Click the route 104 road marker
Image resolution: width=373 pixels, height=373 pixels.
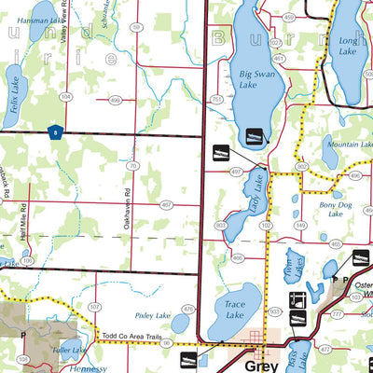[x=65, y=96]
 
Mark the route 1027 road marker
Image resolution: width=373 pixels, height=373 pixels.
[x=275, y=43]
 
